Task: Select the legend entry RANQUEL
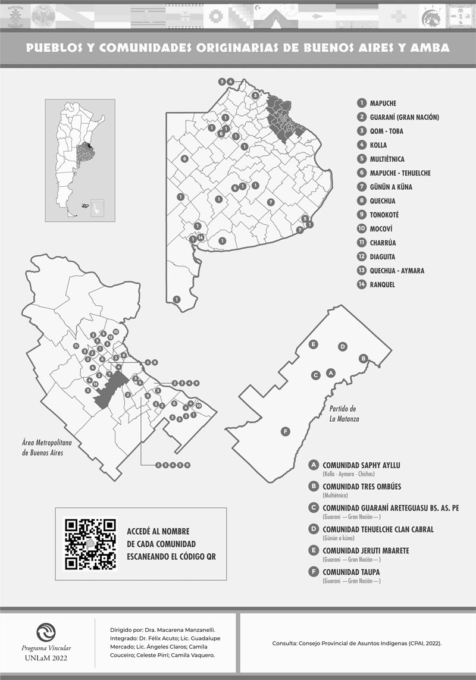tap(382, 285)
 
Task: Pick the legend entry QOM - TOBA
tap(386, 131)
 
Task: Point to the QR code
tap(90, 544)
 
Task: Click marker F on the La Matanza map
tap(285, 431)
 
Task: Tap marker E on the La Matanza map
tap(314, 344)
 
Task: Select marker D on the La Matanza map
tap(342, 347)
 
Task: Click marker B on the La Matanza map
tap(362, 358)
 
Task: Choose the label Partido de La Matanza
tap(343, 413)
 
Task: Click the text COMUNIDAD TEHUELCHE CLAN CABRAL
tap(378, 529)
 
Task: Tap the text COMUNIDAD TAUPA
tap(351, 572)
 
